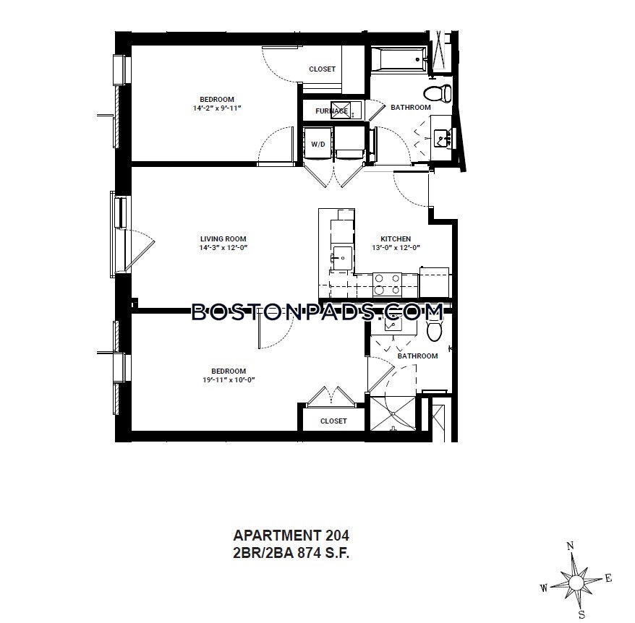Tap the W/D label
[318, 145]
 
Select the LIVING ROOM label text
[223, 239]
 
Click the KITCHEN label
[396, 239]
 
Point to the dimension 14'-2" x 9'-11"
[216, 108]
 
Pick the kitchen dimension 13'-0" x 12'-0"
[396, 248]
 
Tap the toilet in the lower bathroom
[435, 330]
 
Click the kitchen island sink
[341, 256]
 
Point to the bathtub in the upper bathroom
[398, 61]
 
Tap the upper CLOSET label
[322, 69]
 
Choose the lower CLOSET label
[333, 421]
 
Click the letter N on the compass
[570, 546]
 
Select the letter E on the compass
[608, 577]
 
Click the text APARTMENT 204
[291, 536]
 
